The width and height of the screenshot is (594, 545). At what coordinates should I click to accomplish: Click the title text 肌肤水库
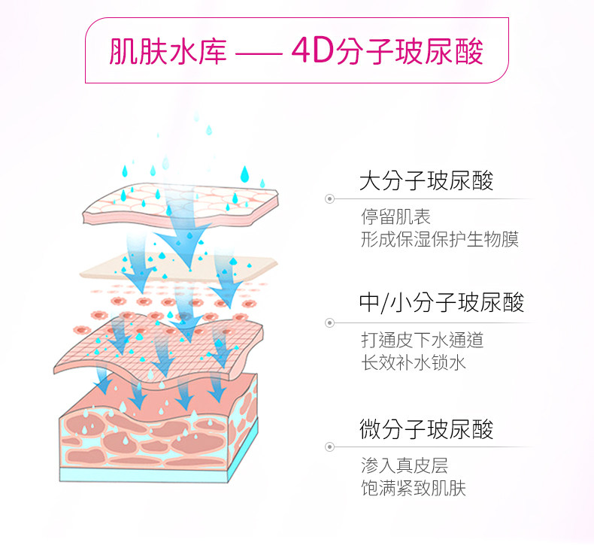(x=168, y=52)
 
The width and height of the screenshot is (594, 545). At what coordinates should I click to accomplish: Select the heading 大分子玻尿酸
(x=426, y=181)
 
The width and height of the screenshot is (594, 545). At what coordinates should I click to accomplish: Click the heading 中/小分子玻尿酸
(x=441, y=303)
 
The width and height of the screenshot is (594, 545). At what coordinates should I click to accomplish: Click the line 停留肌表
(x=395, y=218)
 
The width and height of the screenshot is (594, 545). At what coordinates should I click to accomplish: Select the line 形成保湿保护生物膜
(x=440, y=240)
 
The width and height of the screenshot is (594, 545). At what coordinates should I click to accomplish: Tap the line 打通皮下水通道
(x=422, y=341)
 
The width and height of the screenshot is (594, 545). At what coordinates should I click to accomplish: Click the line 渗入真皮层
(x=405, y=466)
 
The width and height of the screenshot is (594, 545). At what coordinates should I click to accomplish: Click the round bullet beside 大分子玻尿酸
(x=329, y=199)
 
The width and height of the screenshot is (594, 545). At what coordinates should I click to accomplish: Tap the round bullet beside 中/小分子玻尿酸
(x=329, y=322)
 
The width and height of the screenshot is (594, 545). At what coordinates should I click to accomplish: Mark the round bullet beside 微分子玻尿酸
(x=329, y=447)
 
